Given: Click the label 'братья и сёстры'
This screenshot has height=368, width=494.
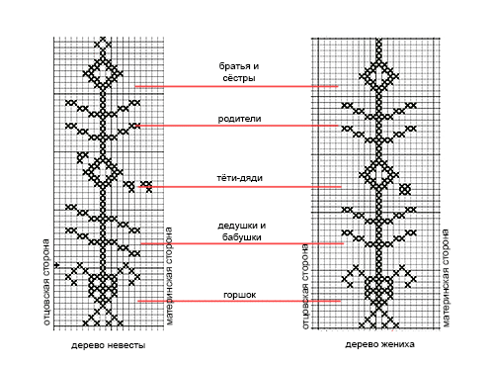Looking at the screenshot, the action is [239, 72].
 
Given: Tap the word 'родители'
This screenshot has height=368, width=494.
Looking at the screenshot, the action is [239, 119].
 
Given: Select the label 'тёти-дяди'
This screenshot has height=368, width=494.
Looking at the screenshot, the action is [239, 178].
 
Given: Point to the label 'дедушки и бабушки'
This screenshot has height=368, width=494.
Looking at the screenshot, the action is [241, 231].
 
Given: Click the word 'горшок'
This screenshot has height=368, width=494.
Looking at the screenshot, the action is [239, 295].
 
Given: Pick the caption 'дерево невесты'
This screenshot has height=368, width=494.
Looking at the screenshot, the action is [109, 345].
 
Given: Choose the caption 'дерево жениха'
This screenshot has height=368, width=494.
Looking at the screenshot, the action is [379, 344].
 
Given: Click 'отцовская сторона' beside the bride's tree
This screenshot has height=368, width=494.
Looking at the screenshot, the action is [46, 282].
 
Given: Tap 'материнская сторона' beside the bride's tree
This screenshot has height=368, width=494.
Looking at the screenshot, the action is [169, 276].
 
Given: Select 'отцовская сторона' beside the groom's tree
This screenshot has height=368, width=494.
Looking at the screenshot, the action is [305, 286].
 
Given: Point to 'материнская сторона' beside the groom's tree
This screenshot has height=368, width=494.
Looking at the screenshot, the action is [446, 278].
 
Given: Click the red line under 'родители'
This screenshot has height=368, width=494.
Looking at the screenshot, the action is [236, 126].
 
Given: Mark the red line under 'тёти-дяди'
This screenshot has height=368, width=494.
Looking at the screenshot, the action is [240, 187].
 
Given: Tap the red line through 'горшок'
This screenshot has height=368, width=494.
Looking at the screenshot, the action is [239, 301].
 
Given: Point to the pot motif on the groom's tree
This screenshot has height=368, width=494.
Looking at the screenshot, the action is [379, 290].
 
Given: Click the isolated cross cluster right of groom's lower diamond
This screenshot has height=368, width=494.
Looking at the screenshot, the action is [405, 190].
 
